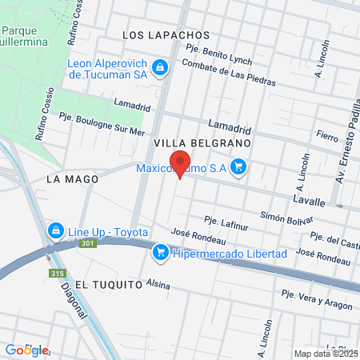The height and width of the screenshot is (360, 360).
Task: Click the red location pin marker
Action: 180,162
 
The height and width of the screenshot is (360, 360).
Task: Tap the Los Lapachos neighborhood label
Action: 166,35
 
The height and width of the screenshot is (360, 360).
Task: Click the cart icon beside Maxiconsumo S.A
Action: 238,167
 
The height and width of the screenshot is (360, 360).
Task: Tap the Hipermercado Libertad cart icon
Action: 160,253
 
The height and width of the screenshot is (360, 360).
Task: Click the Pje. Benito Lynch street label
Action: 218,54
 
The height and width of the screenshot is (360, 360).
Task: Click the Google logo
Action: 26,350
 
